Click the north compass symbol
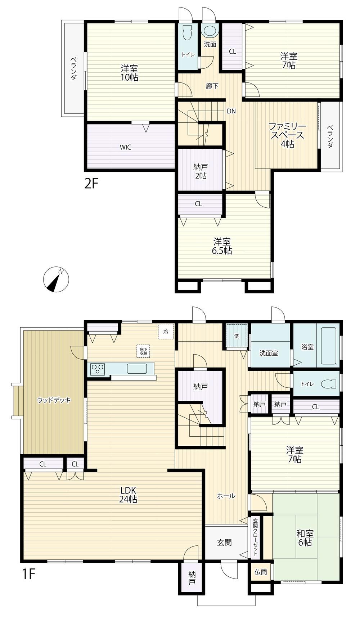pos(55,280)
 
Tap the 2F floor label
pos(91,184)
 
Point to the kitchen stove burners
pos(98,369)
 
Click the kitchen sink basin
pos(136,369)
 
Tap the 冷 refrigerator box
pos(166,332)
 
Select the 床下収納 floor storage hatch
pos(143,351)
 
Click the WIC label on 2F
pos(125,147)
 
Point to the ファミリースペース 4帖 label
pos(287,135)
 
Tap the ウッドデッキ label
pos(54,400)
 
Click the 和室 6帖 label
pos(305,538)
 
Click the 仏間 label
pos(261,572)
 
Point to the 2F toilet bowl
pos(187,33)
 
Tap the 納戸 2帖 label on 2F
pos(201,171)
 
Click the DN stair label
pos(231,111)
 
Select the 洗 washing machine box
pos(237,336)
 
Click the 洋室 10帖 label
pos(129,73)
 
